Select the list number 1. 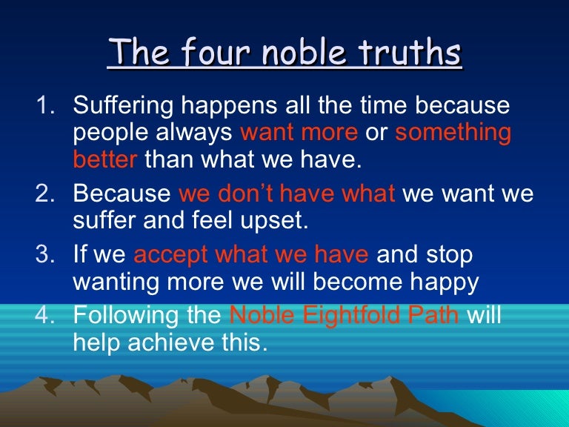click(x=45, y=106)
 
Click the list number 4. click(x=45, y=317)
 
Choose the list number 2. click(x=45, y=194)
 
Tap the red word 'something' click(x=453, y=133)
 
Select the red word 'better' click(x=105, y=159)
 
